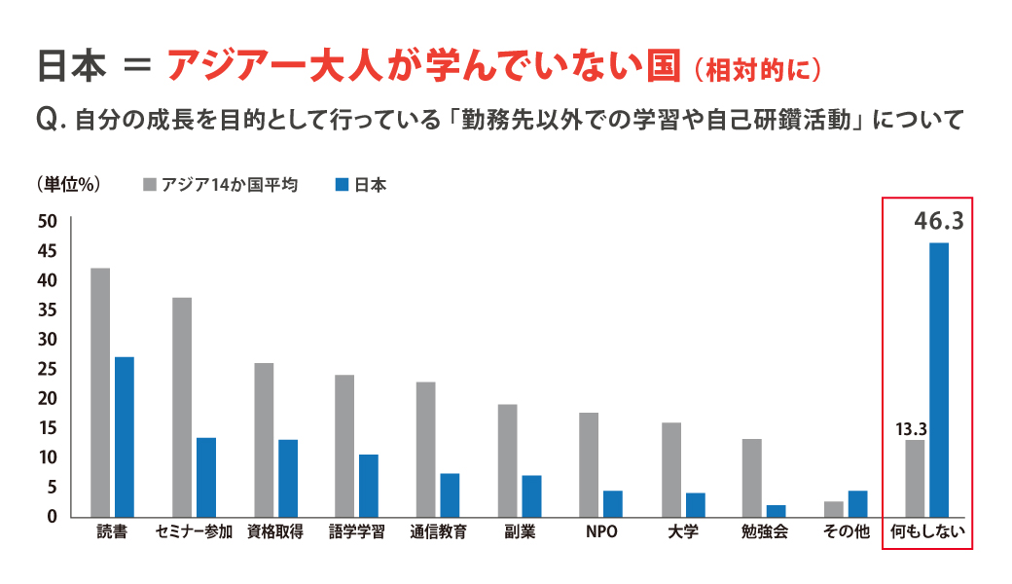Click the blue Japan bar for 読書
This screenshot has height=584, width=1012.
(x=125, y=436)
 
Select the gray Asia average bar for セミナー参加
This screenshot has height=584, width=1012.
(x=182, y=406)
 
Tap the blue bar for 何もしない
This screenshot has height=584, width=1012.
(x=939, y=379)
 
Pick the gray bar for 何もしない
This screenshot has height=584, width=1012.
(x=915, y=477)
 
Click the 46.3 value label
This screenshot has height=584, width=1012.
(x=938, y=222)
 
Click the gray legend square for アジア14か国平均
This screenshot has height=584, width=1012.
(x=149, y=184)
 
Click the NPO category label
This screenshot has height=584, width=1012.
(x=601, y=532)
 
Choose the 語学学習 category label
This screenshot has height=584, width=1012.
(x=357, y=532)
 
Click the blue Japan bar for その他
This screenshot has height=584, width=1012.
(x=857, y=503)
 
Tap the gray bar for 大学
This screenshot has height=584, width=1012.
(x=671, y=469)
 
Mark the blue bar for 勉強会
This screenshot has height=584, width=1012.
(x=776, y=511)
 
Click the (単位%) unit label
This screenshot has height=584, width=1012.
(x=68, y=184)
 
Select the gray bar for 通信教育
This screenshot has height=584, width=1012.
(x=426, y=449)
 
